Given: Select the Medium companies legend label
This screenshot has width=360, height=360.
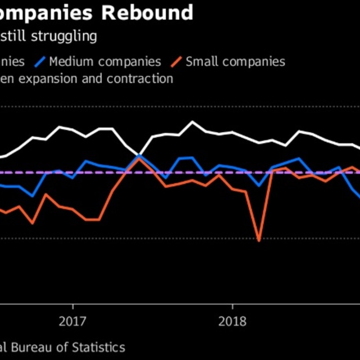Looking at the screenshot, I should click(105, 61).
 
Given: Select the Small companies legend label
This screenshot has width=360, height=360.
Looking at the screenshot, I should click(235, 61).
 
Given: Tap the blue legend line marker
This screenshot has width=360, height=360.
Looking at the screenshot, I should click(40, 61).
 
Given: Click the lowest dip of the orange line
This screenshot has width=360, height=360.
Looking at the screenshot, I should click(259, 240).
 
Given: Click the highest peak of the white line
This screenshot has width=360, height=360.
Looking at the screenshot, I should click(192, 121).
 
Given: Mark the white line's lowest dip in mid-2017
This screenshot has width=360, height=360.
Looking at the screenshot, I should click(138, 155).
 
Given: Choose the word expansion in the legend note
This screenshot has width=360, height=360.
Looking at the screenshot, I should click(53, 79).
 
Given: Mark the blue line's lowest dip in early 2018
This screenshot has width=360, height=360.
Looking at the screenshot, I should click(259, 185).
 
